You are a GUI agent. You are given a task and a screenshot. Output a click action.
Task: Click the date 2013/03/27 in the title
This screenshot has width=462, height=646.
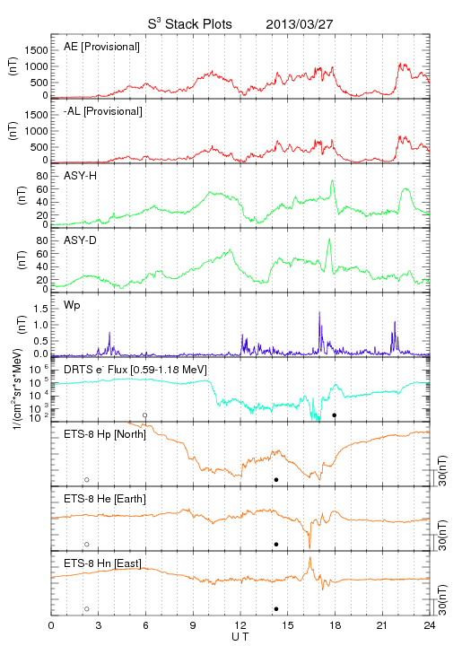point(299,24)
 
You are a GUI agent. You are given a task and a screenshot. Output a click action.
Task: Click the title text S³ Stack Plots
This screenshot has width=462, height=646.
point(190,24)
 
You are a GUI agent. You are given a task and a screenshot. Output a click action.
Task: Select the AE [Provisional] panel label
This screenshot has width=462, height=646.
point(101,47)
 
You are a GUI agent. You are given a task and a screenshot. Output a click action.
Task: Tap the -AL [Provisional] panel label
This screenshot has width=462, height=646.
point(103,111)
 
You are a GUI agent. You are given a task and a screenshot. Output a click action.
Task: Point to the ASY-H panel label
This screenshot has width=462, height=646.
point(80,176)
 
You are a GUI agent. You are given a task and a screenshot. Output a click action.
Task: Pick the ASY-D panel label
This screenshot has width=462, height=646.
point(80,240)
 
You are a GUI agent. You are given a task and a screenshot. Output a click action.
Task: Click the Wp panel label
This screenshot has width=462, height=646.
point(72,306)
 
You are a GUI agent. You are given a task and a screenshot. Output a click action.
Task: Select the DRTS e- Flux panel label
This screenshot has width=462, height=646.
point(135,370)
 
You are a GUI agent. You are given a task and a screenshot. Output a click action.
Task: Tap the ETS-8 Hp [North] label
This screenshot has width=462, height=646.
point(105,434)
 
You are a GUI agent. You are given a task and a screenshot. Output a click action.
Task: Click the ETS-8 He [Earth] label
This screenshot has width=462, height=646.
point(105,499)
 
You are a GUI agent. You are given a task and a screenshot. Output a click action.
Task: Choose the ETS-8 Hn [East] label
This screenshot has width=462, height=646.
point(102,563)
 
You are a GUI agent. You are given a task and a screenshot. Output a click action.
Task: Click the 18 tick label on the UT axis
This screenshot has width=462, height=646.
point(336,625)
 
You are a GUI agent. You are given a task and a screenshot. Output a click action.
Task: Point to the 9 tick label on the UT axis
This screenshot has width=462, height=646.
point(193,625)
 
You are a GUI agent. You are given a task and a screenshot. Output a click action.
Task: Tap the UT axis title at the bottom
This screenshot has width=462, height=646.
point(240,637)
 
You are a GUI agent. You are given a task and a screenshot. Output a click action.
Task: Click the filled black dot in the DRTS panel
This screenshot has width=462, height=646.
point(335,415)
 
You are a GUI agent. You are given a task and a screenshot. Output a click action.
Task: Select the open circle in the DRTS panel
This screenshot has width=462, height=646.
point(145,415)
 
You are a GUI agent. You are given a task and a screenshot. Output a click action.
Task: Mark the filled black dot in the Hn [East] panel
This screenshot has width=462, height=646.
point(276,609)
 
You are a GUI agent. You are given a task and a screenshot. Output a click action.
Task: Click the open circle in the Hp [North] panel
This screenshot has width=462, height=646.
point(87,480)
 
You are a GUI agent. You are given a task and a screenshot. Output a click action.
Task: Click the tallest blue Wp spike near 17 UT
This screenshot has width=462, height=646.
point(319,312)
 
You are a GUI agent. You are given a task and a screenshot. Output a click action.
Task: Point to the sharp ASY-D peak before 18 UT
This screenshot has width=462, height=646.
point(329,239)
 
